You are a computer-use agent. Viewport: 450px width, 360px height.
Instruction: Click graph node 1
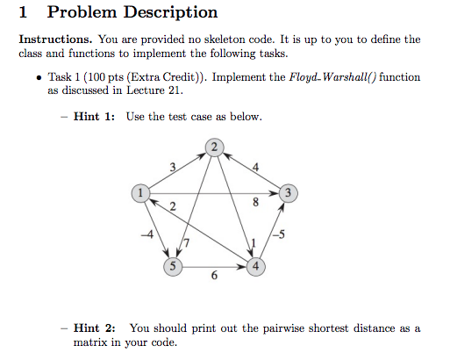[x=140, y=193]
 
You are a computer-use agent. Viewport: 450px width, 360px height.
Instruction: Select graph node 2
[x=214, y=148]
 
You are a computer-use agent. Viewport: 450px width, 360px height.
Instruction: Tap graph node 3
[x=289, y=193]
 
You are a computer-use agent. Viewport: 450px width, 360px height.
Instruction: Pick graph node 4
[x=256, y=267]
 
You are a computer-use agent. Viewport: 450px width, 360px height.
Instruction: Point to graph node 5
[x=173, y=267]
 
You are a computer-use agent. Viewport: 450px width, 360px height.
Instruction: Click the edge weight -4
[x=147, y=234]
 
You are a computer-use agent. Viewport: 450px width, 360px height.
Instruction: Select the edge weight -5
[x=279, y=234]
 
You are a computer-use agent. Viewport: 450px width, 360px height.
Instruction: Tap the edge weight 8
[x=255, y=202]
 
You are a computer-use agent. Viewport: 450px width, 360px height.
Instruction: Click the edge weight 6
[x=214, y=275]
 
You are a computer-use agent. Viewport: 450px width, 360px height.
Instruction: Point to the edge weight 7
[x=186, y=243]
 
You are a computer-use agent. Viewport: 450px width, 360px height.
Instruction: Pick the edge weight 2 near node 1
[x=173, y=206]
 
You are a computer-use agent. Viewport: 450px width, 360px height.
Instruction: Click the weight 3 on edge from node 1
[x=173, y=167]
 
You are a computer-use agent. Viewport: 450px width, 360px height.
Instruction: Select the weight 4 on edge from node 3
[x=255, y=167]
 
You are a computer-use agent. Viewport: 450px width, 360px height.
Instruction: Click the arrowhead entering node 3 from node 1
[x=275, y=193]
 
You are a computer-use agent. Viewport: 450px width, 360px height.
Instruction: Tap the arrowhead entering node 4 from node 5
[x=242, y=267]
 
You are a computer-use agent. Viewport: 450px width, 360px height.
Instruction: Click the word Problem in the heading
[x=82, y=13]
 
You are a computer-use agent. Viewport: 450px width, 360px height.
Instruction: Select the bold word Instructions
[x=55, y=40]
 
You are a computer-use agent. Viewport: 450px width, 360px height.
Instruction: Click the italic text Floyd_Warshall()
[x=332, y=77]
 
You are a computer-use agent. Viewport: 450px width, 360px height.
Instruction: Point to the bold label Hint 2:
[x=94, y=328]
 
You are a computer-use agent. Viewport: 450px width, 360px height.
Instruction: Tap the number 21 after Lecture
[x=175, y=90]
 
